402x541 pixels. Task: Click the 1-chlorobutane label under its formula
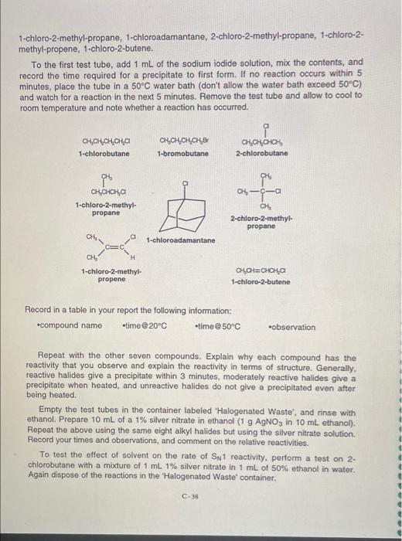[x=104, y=153]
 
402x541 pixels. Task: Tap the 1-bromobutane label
[x=182, y=153]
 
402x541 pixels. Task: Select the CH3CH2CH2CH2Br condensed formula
[x=183, y=140]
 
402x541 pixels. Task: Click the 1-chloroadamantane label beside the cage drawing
[x=181, y=240]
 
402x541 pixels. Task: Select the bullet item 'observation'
[x=293, y=326]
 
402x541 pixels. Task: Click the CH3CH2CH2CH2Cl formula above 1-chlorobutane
[x=104, y=140]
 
